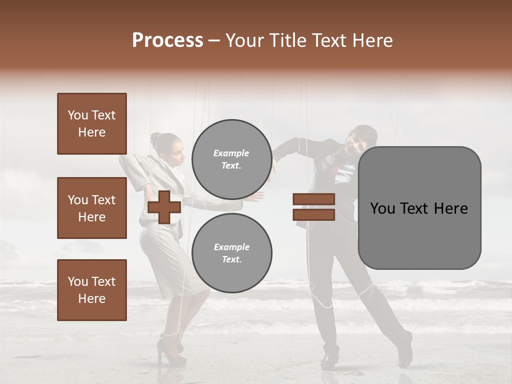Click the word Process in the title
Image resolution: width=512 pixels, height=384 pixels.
coord(167,40)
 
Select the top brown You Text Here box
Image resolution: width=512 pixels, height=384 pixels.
coord(92,124)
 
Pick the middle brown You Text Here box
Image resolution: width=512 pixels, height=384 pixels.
coord(92,208)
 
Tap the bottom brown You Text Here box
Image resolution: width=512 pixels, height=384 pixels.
coord(92,290)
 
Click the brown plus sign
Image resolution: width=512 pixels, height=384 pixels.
coord(164,207)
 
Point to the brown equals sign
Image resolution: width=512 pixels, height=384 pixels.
coord(314,207)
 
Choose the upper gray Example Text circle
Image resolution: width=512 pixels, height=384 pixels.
coord(231,159)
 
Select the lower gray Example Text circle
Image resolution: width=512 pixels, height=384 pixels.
coord(231,253)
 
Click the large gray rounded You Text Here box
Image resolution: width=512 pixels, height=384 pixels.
coord(419,208)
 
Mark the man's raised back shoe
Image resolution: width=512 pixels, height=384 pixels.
coord(405,349)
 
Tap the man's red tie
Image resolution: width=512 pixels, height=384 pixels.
coord(335,167)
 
